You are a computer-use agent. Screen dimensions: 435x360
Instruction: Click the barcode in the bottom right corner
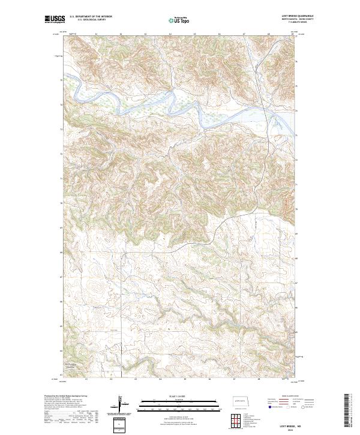pyautogui.click(x=347, y=410)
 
